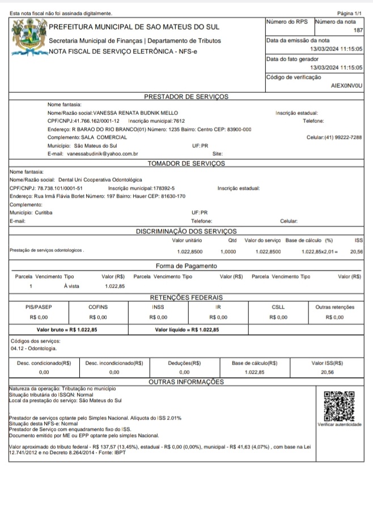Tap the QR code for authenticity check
[x=338, y=405]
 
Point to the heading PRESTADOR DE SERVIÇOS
[x=186, y=97]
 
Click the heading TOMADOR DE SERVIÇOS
[x=186, y=164]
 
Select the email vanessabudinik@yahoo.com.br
[x=102, y=153]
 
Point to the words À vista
[x=72, y=286]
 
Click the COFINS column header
[x=98, y=307]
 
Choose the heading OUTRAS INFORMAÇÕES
[x=186, y=382]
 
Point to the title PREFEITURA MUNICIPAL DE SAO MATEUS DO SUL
[x=134, y=27]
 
